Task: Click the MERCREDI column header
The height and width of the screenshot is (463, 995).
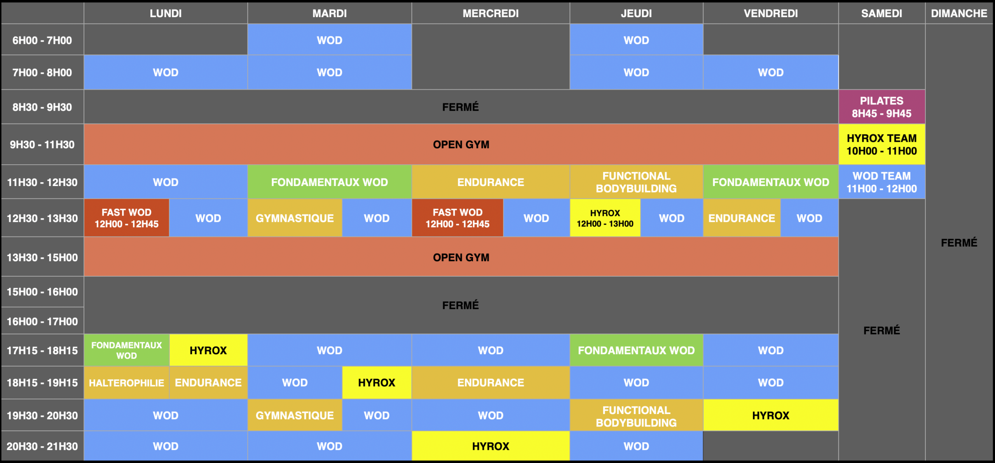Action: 491,13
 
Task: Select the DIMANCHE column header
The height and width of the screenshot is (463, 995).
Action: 959,13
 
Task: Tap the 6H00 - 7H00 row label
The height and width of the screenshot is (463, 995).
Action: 42,40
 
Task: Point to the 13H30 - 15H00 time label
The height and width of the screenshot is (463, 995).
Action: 42,257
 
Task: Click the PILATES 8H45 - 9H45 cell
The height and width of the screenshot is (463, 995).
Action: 882,107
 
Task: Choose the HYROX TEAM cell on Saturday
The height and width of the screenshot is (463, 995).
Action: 882,144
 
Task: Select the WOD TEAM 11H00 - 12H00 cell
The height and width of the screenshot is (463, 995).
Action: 882,182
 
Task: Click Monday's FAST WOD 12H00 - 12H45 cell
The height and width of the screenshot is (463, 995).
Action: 127,218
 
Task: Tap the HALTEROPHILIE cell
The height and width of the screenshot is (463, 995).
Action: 127,383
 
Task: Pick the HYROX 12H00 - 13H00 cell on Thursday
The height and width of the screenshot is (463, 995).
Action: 605,218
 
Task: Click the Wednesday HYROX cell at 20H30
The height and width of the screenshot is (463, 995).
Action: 491,446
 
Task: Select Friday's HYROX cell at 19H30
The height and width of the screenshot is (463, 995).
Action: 771,415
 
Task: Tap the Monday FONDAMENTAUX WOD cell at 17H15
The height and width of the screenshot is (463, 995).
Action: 127,350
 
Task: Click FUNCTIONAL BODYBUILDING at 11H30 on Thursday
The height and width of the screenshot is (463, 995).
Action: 636,182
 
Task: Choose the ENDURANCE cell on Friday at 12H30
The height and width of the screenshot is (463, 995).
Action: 742,218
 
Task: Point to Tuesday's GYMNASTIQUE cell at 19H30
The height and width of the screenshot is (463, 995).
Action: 295,415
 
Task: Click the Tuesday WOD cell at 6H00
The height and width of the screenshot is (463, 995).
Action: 330,40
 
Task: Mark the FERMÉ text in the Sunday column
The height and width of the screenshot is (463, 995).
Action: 959,243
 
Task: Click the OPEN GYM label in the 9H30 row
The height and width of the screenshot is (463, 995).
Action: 461,144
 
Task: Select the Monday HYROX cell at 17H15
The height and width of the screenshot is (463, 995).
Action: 208,350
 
